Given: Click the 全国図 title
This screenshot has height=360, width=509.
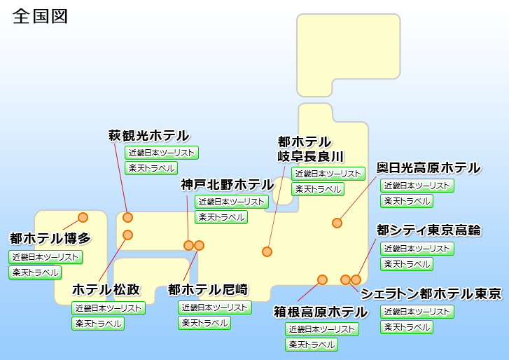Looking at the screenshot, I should tap(40, 17).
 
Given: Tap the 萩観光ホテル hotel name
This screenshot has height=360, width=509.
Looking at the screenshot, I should tap(148, 135).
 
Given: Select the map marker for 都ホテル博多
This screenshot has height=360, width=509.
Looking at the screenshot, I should tap(83, 217).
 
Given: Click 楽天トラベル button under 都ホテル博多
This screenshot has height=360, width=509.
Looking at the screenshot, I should tap(35, 272).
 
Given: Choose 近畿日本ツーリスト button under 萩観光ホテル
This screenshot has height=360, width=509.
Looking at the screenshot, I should tap(162, 152).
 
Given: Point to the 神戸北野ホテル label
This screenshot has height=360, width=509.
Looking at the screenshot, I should tap(226, 185).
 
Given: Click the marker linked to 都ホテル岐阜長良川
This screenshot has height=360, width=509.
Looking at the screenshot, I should tap(267, 251).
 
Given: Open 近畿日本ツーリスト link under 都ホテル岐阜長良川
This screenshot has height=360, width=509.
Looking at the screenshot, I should tap(328, 173).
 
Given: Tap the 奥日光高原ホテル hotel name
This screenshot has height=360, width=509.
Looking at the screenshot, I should tap(428, 168).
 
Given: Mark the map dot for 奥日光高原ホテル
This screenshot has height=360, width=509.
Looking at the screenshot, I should tap(337, 223).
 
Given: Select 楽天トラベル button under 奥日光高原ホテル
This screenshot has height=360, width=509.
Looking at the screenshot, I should tap(407, 201).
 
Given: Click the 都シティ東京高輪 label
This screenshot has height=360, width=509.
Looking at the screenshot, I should tap(428, 230).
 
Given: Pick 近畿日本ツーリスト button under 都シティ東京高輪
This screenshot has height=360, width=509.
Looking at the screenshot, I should tap(417, 248).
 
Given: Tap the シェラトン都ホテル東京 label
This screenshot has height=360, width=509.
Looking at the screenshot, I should tap(431, 293).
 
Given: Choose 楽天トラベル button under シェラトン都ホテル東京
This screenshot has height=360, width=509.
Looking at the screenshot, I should tap(407, 327).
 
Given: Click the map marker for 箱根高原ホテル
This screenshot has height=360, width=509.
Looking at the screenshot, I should tap(322, 279).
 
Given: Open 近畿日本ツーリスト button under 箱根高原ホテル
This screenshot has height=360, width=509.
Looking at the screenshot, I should tap(322, 328).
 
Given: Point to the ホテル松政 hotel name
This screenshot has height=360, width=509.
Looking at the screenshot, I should tap(106, 290).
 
